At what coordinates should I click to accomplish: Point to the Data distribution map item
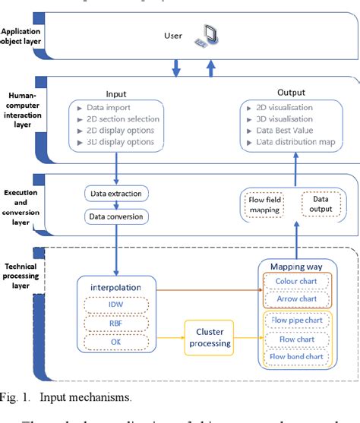292,141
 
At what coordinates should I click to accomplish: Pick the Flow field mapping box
266,204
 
